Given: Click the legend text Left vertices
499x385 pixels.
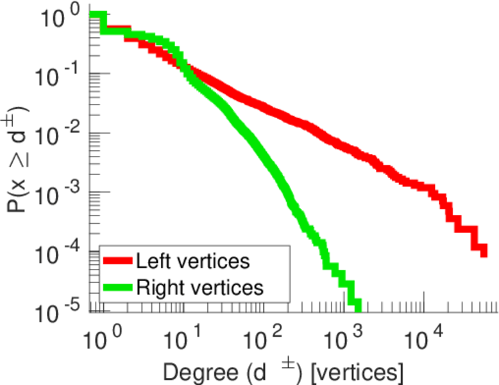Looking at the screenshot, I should [192, 261].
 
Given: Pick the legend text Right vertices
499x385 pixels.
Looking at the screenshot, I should [199, 287].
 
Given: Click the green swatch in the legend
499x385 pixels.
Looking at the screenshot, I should [118, 287].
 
